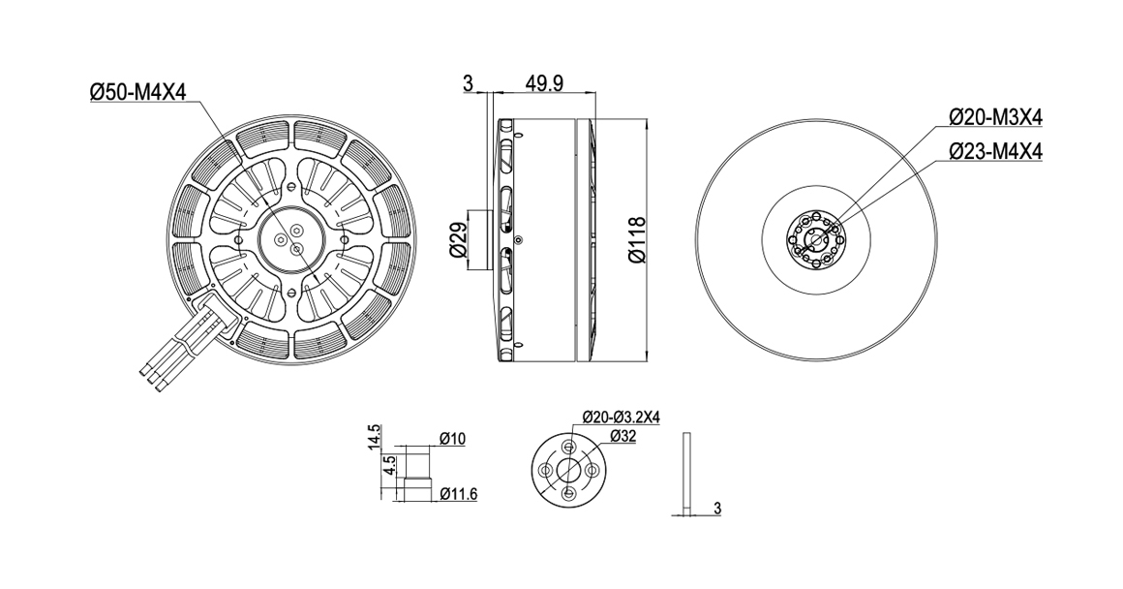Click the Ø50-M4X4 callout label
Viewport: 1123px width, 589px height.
click(x=137, y=92)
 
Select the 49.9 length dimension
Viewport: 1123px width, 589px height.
click(x=544, y=83)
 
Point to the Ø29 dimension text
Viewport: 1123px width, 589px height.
click(x=458, y=240)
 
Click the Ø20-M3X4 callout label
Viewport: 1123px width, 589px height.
click(x=995, y=117)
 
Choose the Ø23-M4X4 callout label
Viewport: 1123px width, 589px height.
click(x=995, y=152)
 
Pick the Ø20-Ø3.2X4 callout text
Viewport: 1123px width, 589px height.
click(x=621, y=417)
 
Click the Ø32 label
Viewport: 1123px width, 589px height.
click(x=623, y=435)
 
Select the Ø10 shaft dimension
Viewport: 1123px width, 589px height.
click(x=453, y=438)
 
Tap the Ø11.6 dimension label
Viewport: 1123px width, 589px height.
click(x=458, y=494)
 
